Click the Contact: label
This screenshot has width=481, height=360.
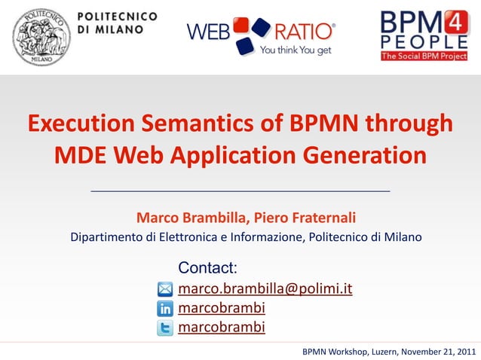coord(207,267)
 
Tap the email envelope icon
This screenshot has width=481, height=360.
coord(165,290)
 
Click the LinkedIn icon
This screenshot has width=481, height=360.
coord(165,309)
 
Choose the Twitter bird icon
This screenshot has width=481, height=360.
coord(165,327)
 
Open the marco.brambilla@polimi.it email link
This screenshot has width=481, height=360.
coord(265,289)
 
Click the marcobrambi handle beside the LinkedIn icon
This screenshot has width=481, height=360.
coord(221,308)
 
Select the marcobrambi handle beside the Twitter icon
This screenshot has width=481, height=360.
coord(221,327)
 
